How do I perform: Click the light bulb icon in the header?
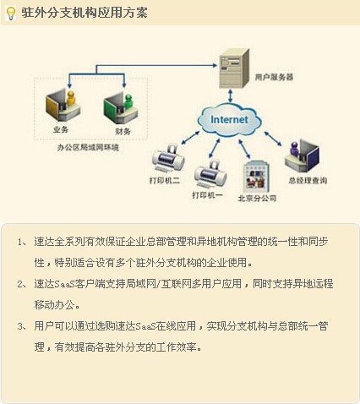click(x=11, y=14)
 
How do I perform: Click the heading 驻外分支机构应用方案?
click(x=85, y=13)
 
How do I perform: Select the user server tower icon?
click(x=234, y=68)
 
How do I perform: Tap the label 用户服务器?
click(x=274, y=77)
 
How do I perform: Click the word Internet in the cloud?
click(x=229, y=119)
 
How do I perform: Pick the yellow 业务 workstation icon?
click(x=63, y=104)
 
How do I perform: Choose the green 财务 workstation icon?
click(x=121, y=108)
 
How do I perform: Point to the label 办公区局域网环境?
click(x=88, y=147)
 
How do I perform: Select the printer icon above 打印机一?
click(x=210, y=173)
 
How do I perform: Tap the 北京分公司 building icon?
click(x=257, y=177)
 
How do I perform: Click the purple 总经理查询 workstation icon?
click(x=302, y=156)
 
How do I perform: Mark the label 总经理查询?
click(x=308, y=180)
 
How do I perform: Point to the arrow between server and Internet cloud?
click(x=231, y=96)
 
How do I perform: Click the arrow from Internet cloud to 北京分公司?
click(x=244, y=149)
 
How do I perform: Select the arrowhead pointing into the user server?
click(x=215, y=66)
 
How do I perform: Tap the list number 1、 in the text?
click(x=22, y=242)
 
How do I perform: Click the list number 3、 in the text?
click(x=22, y=326)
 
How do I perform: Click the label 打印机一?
click(x=207, y=195)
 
